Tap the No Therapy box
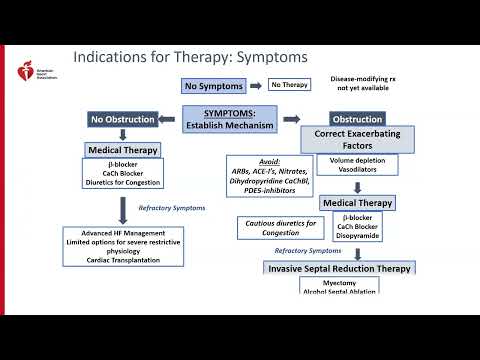coord(289,86)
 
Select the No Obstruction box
coord(123,120)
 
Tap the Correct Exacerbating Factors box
coord(358,140)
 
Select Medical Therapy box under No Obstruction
coord(123,149)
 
